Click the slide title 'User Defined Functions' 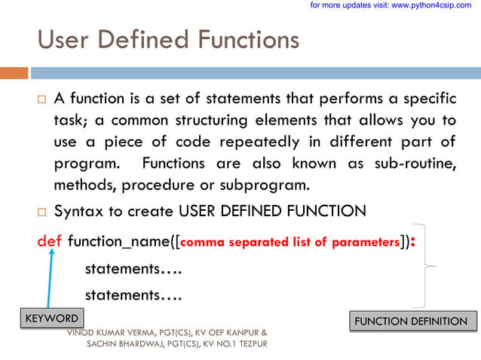pos(167,38)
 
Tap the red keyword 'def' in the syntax pos(50,242)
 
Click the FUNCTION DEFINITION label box pos(412,322)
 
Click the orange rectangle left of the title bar pos(14,73)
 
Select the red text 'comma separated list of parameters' pos(290,243)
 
